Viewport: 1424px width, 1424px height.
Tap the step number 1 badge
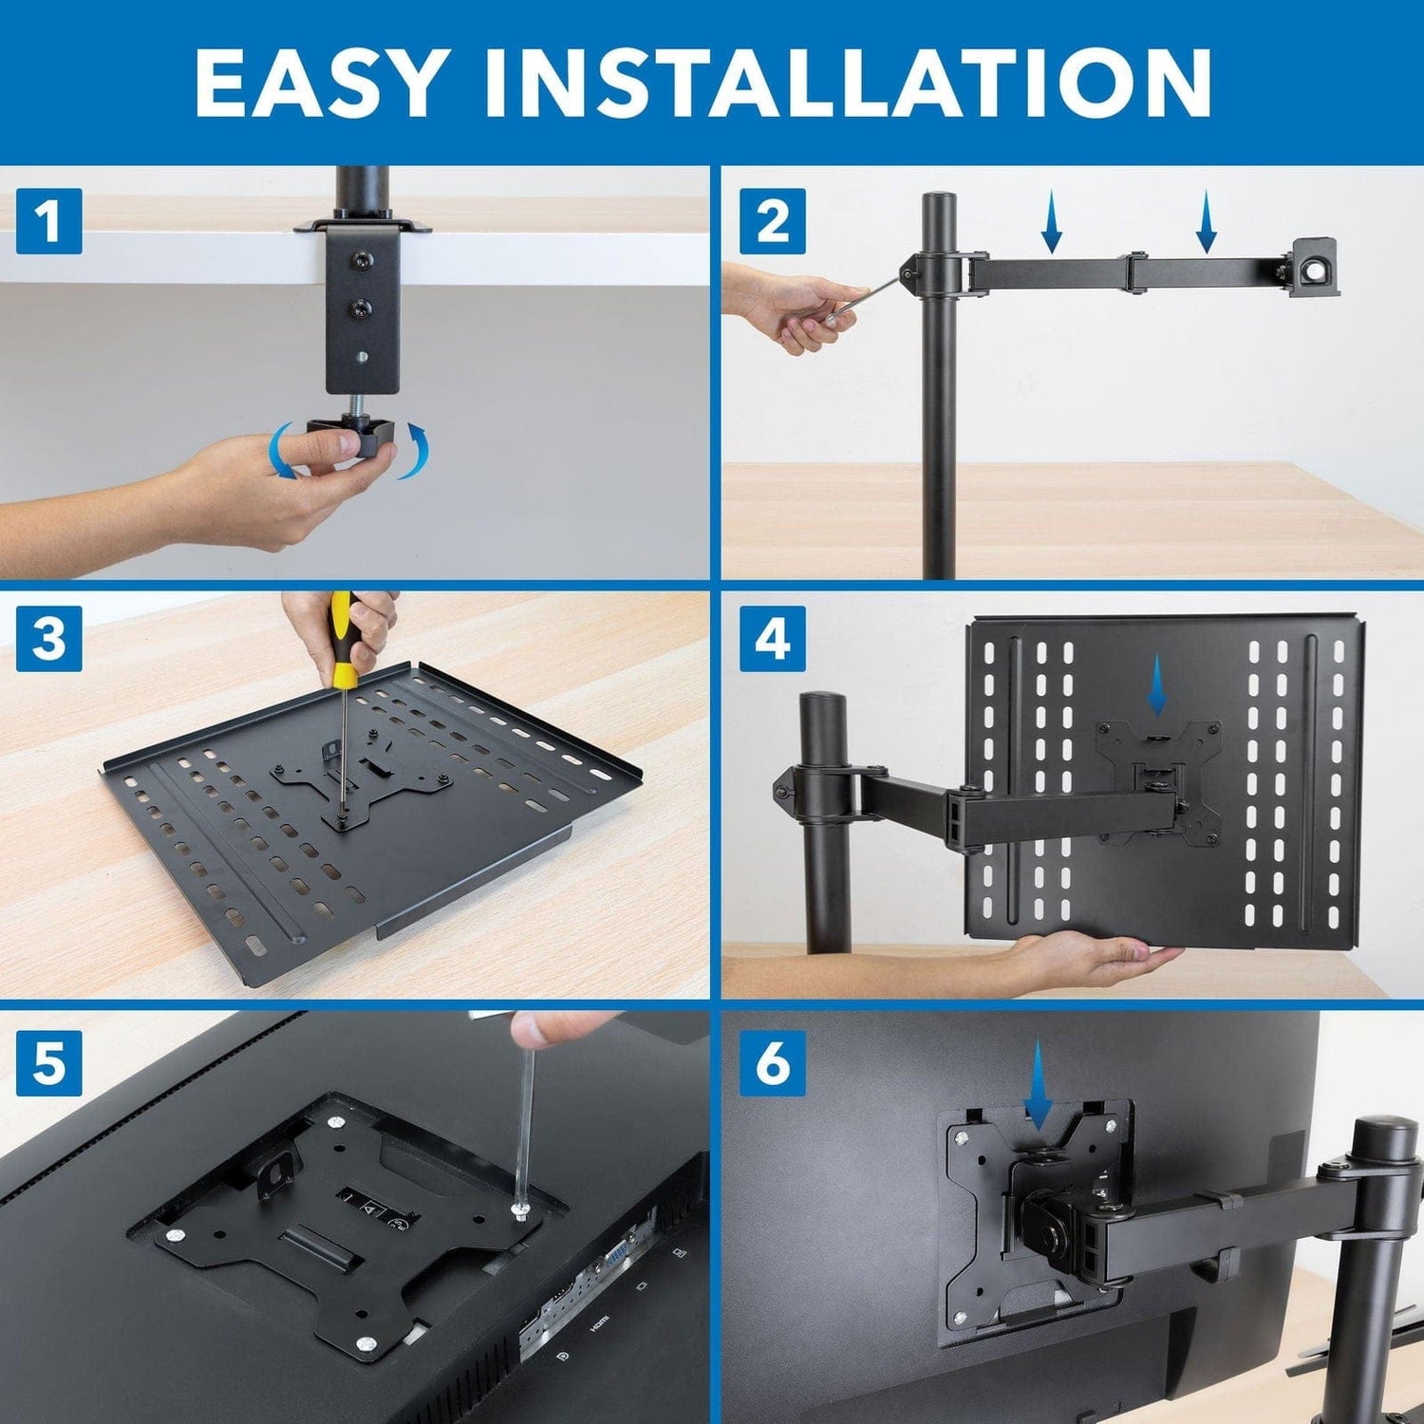[x=48, y=221]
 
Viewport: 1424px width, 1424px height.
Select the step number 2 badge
[x=772, y=221]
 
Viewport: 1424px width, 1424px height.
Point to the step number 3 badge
[x=48, y=639]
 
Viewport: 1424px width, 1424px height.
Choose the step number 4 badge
[x=772, y=639]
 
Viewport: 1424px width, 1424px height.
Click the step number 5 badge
[x=48, y=1062]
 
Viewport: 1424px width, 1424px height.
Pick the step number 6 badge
[x=772, y=1062]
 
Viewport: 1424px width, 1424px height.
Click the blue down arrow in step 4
[x=1157, y=686]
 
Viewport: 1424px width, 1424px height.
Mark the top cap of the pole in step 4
[x=822, y=703]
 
